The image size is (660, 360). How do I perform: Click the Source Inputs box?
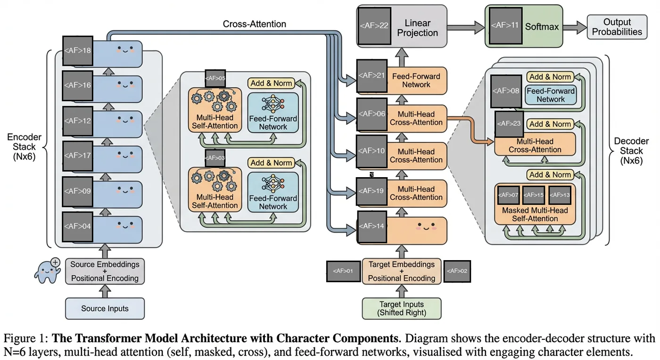pyautogui.click(x=105, y=309)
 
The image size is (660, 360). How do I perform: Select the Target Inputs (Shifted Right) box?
pyautogui.click(x=402, y=309)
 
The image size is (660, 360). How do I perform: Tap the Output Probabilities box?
pyautogui.click(x=617, y=27)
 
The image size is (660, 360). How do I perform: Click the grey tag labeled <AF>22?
pyautogui.click(x=374, y=26)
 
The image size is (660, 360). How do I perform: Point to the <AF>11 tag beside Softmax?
pyautogui.click(x=505, y=25)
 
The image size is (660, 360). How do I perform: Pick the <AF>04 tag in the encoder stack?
pyautogui.click(x=77, y=226)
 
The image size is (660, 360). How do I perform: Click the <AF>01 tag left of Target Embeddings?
pyautogui.click(x=344, y=271)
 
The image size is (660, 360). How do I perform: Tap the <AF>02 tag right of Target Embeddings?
pyautogui.click(x=457, y=271)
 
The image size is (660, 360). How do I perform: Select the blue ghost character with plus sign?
pyautogui.click(x=47, y=271)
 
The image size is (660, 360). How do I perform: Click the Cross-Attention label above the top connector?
pyautogui.click(x=254, y=24)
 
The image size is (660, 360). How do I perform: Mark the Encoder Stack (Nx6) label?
pyautogui.click(x=24, y=147)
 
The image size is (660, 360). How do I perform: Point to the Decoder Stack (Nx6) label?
pyautogui.click(x=631, y=151)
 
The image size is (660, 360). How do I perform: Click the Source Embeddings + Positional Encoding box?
pyautogui.click(x=105, y=271)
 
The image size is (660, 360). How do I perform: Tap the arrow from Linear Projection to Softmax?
pyautogui.click(x=466, y=27)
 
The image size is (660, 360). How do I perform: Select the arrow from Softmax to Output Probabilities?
pyautogui.click(x=575, y=27)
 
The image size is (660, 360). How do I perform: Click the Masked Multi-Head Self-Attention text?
pyautogui.click(x=535, y=214)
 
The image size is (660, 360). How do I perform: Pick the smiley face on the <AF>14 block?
pyautogui.click(x=426, y=227)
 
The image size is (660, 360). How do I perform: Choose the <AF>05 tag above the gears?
pyautogui.click(x=215, y=78)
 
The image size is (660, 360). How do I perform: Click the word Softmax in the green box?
pyautogui.click(x=542, y=27)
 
